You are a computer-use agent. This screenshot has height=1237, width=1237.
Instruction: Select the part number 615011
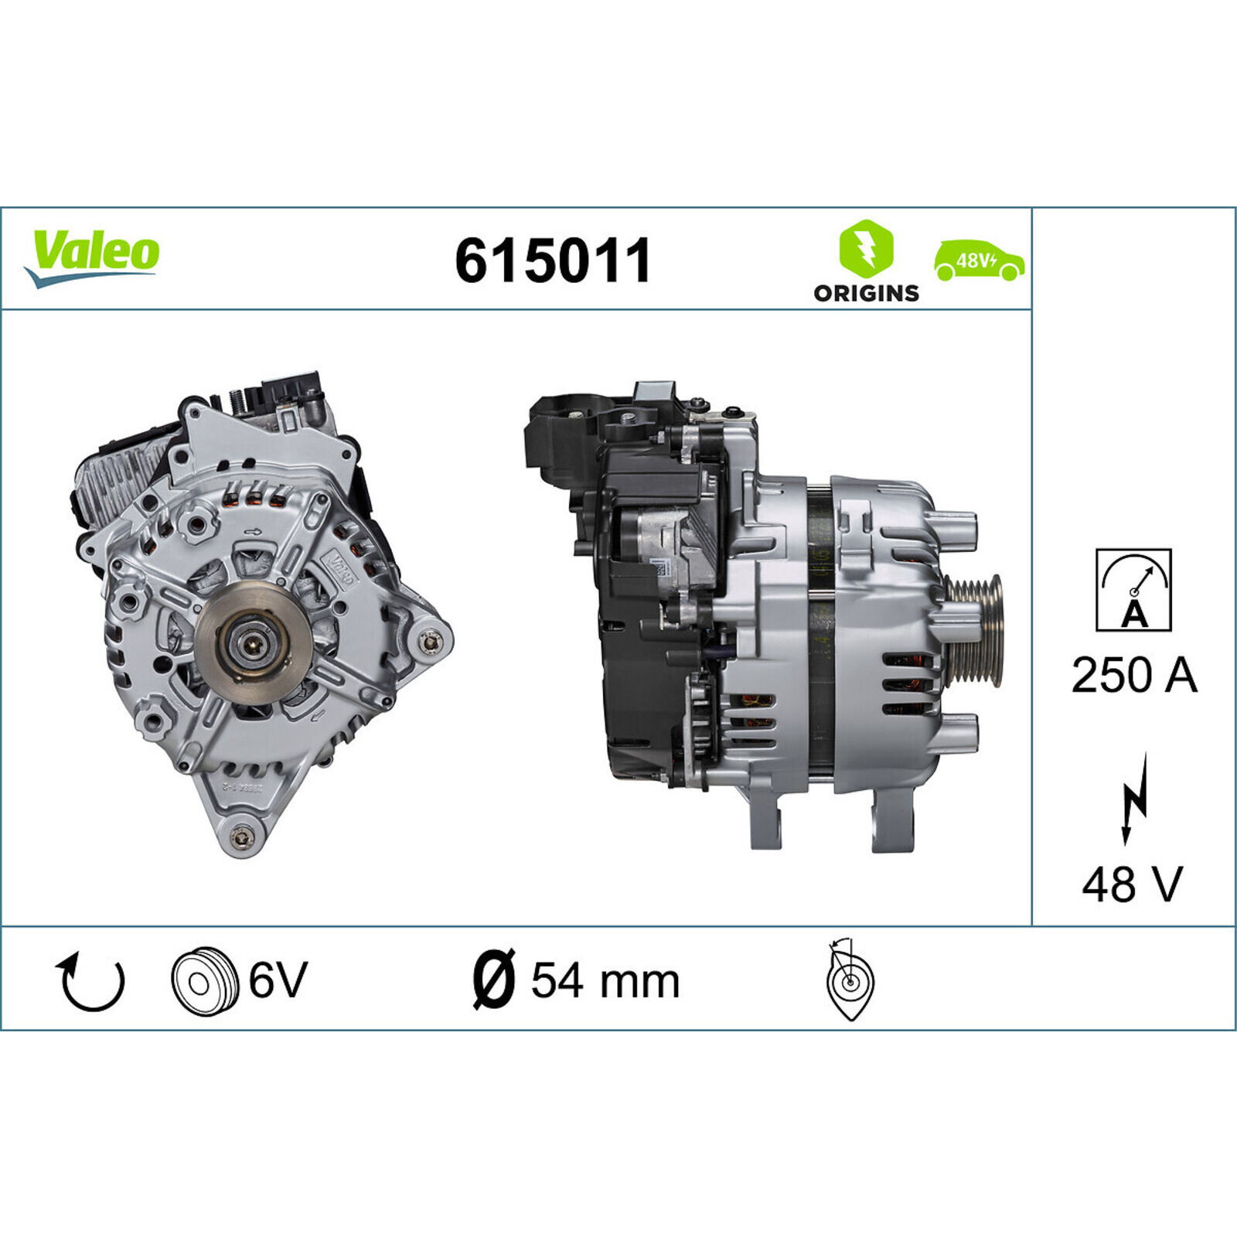click(553, 261)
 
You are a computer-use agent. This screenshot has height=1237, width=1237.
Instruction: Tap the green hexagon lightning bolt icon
click(866, 248)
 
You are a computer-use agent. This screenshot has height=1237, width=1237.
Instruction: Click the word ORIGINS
click(866, 293)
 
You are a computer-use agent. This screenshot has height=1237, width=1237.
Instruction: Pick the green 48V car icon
click(980, 261)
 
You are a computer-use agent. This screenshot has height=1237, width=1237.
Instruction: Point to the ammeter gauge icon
click(1133, 590)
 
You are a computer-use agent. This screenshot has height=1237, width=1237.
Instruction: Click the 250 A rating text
click(1133, 675)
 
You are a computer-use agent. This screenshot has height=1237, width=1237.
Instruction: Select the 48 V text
click(1133, 884)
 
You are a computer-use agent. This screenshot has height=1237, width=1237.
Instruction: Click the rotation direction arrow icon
click(90, 982)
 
